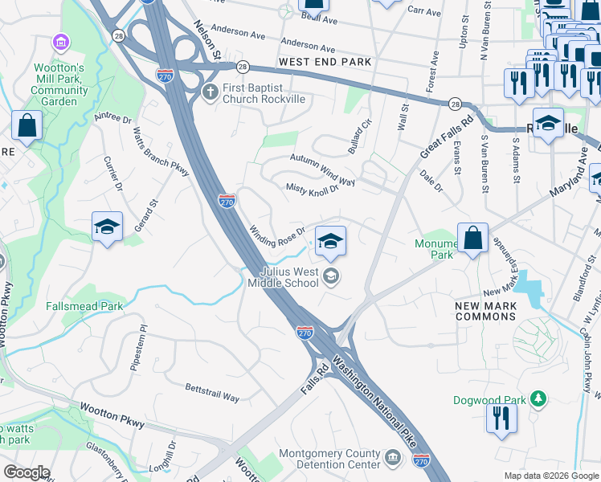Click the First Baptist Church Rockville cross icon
coord(211,92)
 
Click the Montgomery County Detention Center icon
coord(393,459)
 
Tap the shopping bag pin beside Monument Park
coord(473,239)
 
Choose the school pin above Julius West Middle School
coord(330,241)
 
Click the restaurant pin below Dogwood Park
coord(501,419)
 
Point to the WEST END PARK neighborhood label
coord(325,62)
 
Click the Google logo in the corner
coord(27,472)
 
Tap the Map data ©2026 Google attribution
coord(550,476)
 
